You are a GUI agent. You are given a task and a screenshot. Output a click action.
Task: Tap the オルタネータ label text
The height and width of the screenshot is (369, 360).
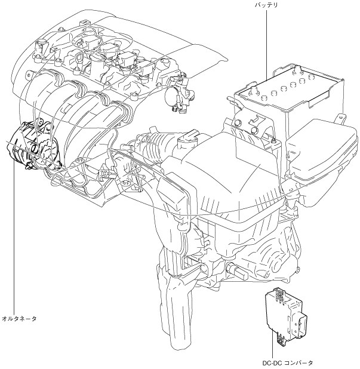pos(20,318)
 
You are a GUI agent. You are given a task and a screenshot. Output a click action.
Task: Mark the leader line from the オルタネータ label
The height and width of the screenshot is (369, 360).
pos(11,239)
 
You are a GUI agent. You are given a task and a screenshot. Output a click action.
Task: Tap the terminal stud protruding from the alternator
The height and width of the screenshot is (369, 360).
pos(60,162)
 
